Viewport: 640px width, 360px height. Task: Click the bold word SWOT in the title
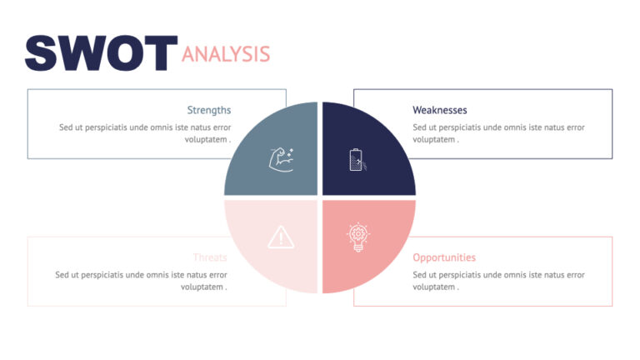click(x=101, y=52)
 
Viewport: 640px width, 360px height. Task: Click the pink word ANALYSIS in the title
click(x=226, y=55)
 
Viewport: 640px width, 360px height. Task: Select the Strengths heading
click(x=208, y=110)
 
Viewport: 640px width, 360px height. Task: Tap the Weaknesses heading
click(x=440, y=110)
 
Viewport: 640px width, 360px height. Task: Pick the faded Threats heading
click(x=210, y=257)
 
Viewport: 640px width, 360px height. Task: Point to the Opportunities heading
click(x=444, y=257)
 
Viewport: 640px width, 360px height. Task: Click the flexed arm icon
click(x=281, y=158)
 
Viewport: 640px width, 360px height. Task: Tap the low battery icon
click(x=357, y=159)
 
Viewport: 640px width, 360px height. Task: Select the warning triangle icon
click(x=281, y=237)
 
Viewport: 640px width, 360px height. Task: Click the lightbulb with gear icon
click(x=357, y=237)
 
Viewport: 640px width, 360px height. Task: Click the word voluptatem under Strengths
click(x=204, y=139)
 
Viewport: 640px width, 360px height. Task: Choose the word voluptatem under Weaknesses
click(x=435, y=139)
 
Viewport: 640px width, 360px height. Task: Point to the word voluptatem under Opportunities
click(x=435, y=287)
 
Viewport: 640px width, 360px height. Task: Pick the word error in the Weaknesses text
click(x=574, y=127)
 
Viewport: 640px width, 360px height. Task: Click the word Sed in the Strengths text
click(x=66, y=127)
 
